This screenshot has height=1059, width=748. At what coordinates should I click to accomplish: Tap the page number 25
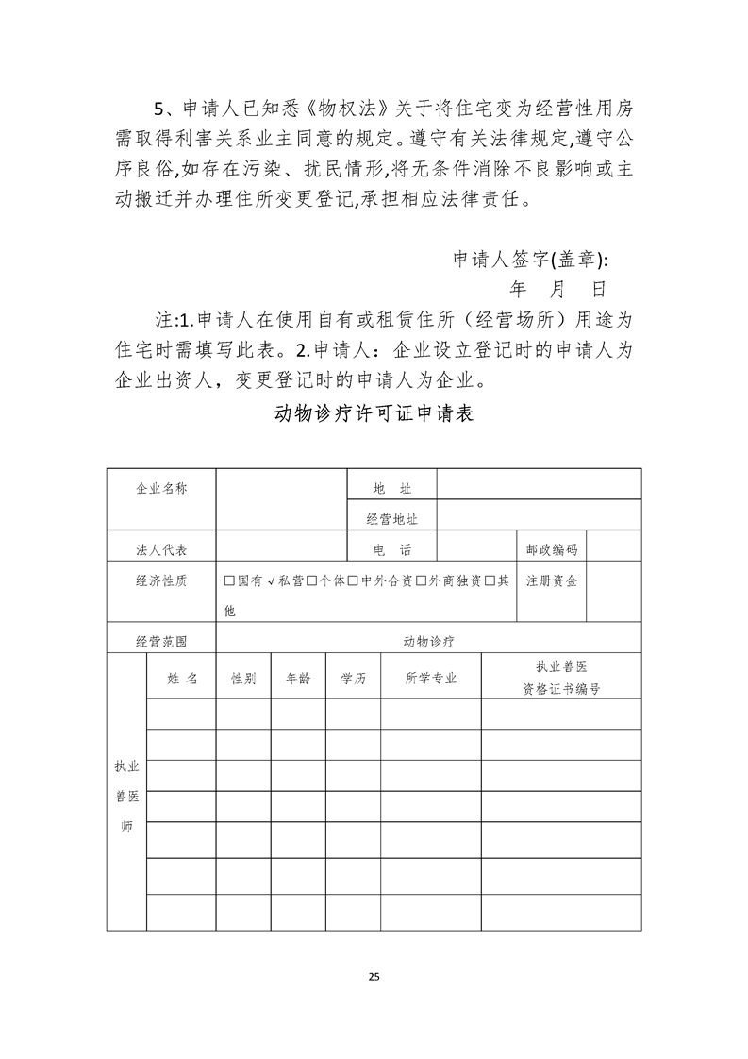374,976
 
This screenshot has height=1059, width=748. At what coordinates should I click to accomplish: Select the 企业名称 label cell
161,489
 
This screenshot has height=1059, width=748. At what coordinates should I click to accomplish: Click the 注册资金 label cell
552,580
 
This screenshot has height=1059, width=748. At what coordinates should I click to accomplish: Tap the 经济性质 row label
161,580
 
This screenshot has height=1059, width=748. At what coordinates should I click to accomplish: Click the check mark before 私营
272,580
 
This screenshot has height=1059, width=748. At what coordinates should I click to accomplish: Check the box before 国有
229,580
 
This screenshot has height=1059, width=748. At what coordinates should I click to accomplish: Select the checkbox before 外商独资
422,580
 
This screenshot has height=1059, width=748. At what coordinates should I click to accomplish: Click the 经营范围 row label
161,642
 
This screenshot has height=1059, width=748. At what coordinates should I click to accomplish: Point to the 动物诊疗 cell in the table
429,642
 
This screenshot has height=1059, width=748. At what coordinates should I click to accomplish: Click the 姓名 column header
182,679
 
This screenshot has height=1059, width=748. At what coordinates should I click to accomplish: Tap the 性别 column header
243,679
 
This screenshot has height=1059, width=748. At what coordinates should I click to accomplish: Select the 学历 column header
354,679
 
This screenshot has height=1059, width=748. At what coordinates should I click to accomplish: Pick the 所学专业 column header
431,679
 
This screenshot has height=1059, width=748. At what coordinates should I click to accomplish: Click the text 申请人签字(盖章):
531,261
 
